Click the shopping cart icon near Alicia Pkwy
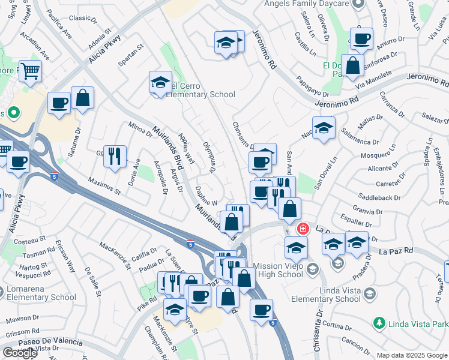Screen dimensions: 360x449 click(x=30, y=71)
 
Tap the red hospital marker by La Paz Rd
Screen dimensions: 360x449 click(x=303, y=229)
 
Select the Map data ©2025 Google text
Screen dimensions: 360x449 click(x=412, y=355)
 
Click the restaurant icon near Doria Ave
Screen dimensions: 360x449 click(x=114, y=157)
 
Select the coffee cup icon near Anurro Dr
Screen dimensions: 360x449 click(x=361, y=39)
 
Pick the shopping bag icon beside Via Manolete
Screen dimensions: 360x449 click(x=353, y=66)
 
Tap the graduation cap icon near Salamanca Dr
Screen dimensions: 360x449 click(x=324, y=128)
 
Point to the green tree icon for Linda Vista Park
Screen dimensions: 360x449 click(x=379, y=324)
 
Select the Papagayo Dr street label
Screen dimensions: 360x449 click(x=313, y=87)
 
